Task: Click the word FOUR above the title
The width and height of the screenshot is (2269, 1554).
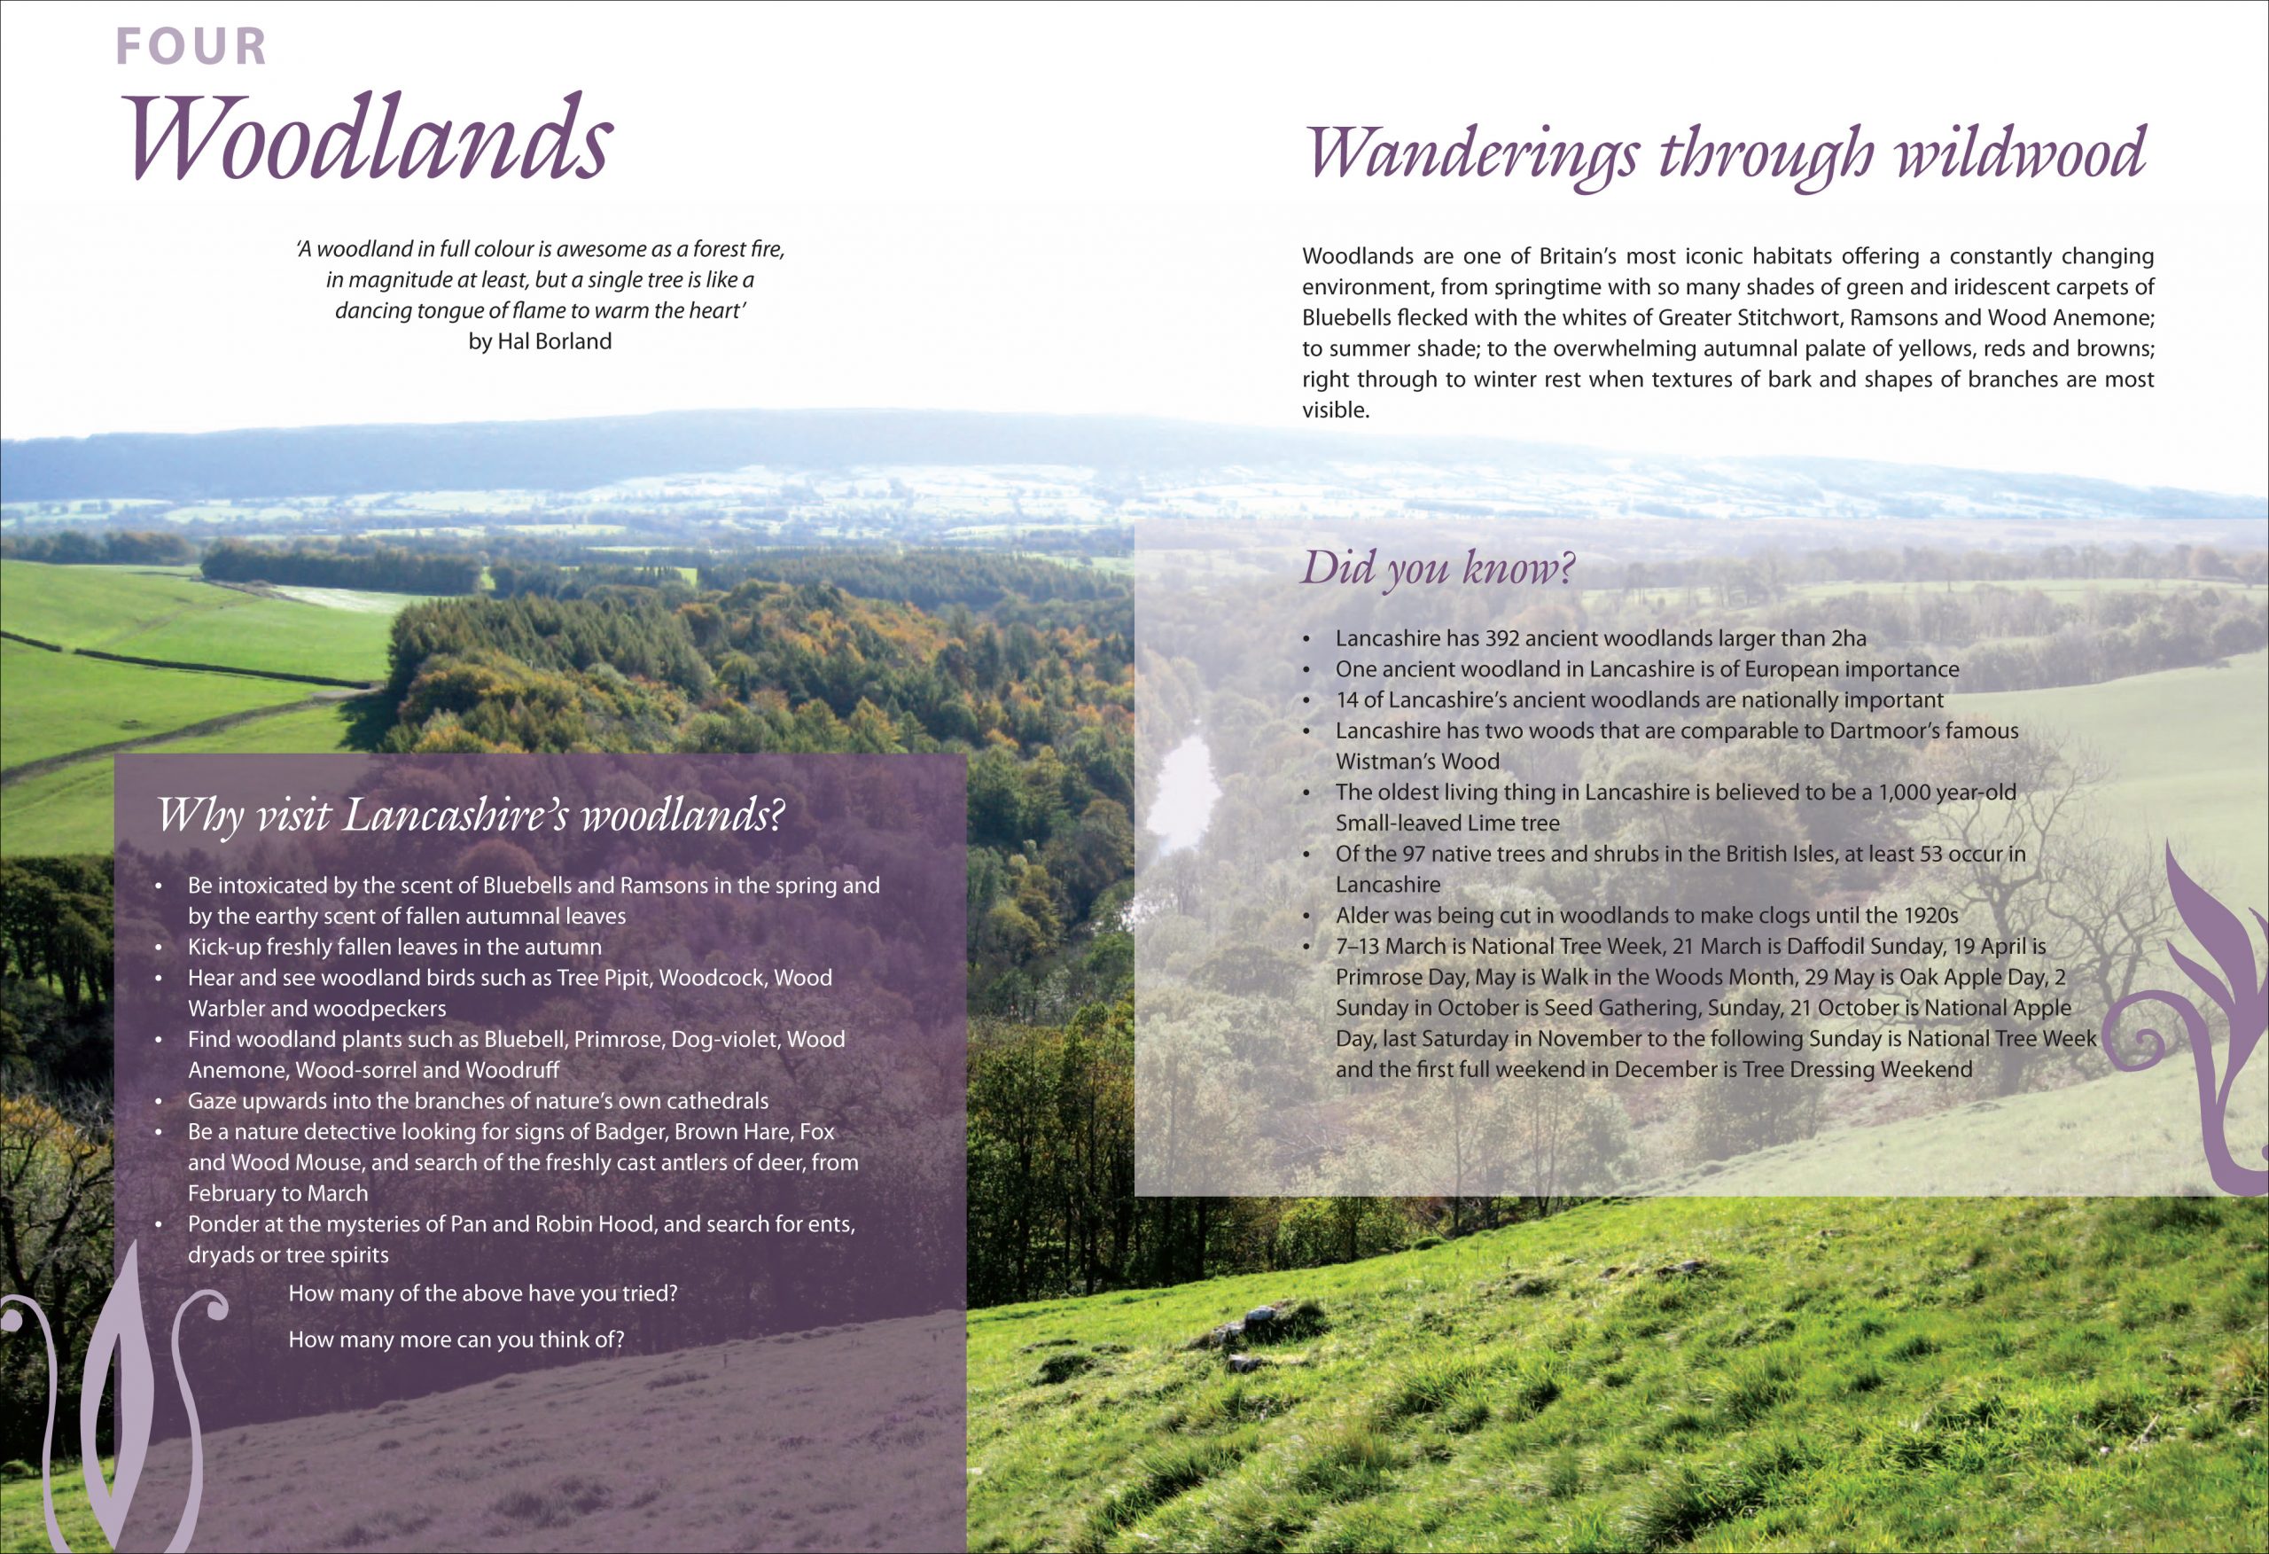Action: point(191,47)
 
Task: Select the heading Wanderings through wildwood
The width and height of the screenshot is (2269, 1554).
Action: point(1725,154)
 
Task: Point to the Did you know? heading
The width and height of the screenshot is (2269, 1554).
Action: point(1439,568)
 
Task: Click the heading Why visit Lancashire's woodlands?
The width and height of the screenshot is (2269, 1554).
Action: point(470,816)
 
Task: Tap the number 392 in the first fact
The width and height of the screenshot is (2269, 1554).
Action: point(1504,639)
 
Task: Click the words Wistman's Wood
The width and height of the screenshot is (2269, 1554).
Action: point(1417,761)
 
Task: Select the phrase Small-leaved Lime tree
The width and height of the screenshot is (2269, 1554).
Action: point(1448,824)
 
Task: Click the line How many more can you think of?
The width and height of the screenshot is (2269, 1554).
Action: point(456,1340)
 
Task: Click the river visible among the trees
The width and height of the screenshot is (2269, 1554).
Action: point(1182,791)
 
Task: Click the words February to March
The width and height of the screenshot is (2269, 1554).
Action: point(278,1193)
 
